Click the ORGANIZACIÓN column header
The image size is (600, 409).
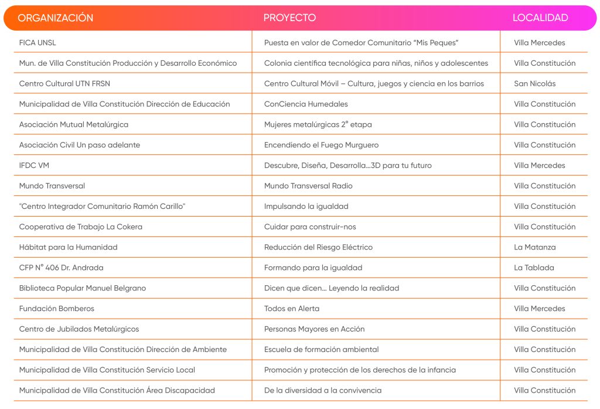coord(56,18)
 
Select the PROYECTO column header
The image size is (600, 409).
coord(289,18)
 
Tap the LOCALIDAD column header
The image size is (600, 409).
coord(540,18)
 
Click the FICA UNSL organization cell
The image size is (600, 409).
coord(37,43)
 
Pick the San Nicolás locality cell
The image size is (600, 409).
coord(534,83)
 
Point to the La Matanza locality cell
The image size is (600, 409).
coord(534,247)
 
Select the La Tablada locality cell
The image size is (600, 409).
coord(534,268)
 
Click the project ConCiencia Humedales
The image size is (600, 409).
coord(306,104)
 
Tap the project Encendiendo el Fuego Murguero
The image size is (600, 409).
coord(321,145)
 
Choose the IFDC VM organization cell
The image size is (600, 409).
coord(34,165)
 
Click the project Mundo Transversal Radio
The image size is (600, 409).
coord(308,186)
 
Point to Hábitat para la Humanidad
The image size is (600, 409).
coord(68,247)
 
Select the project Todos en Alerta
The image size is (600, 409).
coord(292,309)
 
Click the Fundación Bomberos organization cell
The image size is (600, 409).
coord(56,309)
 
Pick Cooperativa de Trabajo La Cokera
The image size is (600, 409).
coord(80,227)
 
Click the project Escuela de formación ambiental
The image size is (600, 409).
coord(321,350)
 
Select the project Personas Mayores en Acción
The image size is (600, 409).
coord(314,329)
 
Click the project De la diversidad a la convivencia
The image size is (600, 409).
coord(322,390)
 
